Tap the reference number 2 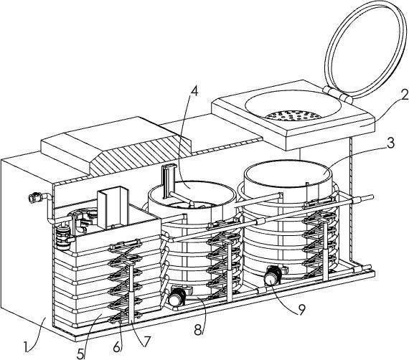coord(404,95)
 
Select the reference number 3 coord(390,143)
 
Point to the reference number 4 coord(194,90)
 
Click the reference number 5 coord(81,354)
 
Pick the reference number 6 coord(118,346)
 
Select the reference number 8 coord(198,330)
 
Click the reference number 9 coord(301,310)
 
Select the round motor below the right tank coord(272,278)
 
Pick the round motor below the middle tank coord(177,298)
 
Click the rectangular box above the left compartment coord(112,207)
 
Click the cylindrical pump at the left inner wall coord(63,237)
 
